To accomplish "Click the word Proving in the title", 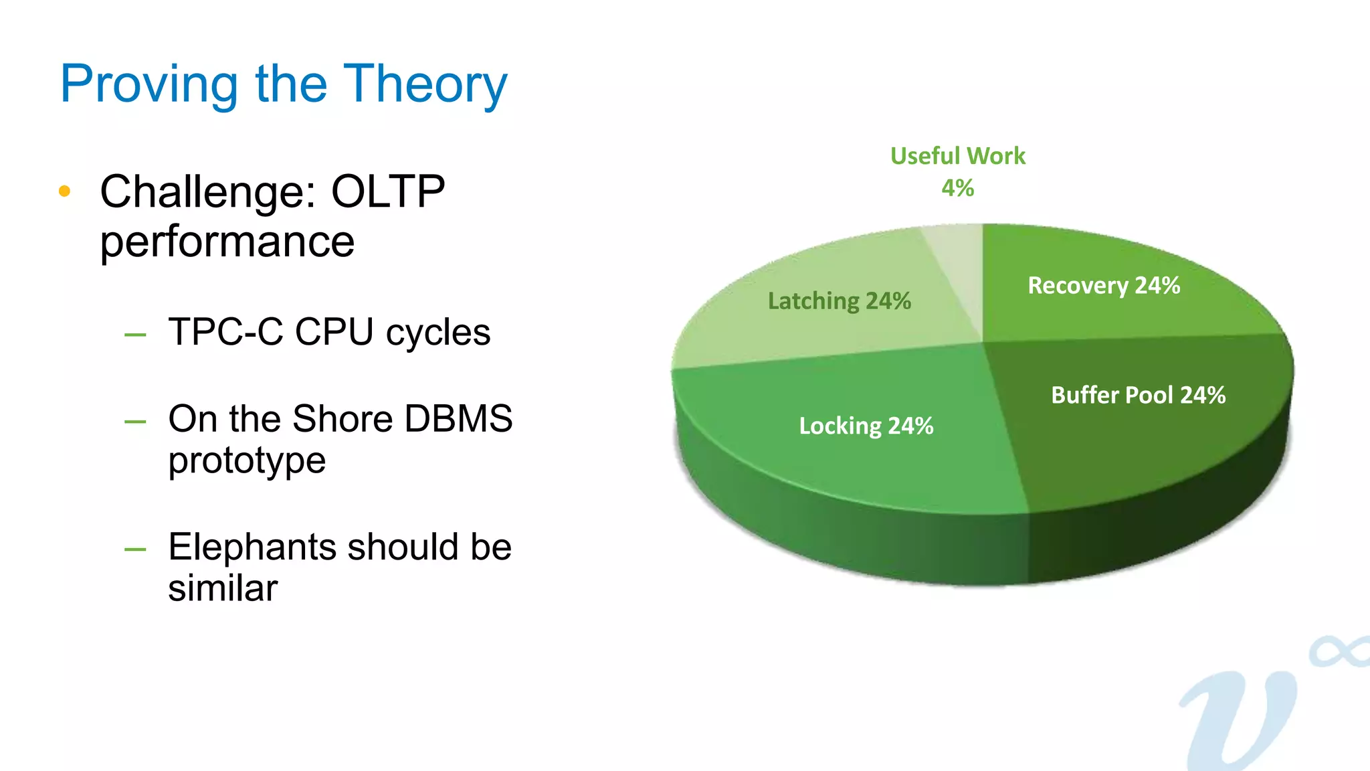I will point(149,84).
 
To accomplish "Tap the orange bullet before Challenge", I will point(64,191).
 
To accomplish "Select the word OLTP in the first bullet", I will point(388,192).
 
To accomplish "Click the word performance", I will point(227,242).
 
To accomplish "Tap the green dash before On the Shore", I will point(135,422).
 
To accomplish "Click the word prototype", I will point(247,461).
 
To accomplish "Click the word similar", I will point(223,588).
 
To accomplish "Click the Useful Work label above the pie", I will point(957,156).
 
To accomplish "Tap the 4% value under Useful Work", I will point(957,188).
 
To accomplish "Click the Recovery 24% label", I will point(1104,286).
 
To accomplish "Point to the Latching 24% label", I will point(839,301).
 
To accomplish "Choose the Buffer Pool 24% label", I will point(1138,395).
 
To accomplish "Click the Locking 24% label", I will point(866,426).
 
